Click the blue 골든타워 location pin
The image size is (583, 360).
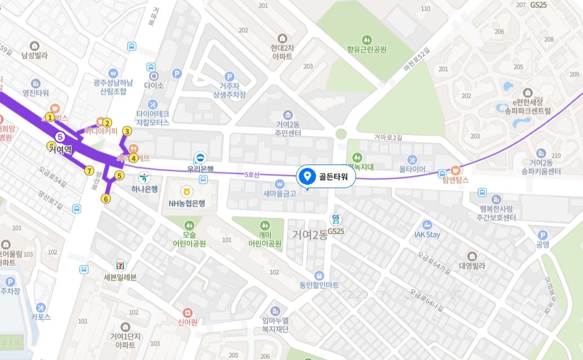[x=308, y=177]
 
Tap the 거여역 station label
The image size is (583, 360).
[x=60, y=149]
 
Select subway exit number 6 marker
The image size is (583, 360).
[x=106, y=198]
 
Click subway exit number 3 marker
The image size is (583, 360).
[x=127, y=131]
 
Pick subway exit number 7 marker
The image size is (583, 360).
[x=89, y=171]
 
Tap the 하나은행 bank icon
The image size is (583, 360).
[x=144, y=177]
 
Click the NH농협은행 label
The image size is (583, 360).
[x=186, y=203]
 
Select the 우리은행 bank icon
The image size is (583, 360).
[x=199, y=158]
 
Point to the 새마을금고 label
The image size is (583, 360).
[x=279, y=193]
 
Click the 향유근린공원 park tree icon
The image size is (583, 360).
[x=367, y=39]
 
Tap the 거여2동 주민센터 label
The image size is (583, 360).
[x=288, y=129]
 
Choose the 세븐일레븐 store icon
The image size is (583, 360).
[x=120, y=265]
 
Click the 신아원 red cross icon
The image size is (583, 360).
[x=188, y=313]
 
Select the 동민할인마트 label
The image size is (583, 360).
[x=319, y=285]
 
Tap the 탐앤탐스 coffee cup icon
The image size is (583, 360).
[x=456, y=170]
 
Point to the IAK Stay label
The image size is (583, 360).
[x=427, y=234]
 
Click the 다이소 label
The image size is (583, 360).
[x=153, y=86]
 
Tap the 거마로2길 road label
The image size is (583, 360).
[x=388, y=137]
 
